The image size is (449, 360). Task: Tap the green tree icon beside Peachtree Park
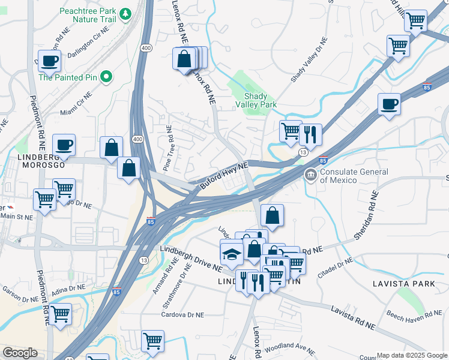coord(125,13)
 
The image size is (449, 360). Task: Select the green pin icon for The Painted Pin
coord(106,76)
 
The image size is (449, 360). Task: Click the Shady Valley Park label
coord(260,100)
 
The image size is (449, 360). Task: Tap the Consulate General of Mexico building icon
coord(310,175)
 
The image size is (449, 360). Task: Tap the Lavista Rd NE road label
coord(353,318)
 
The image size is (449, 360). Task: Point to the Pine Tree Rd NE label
coord(169,148)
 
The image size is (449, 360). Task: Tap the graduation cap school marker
coord(232,254)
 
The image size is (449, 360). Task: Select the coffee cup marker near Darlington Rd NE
coord(49,61)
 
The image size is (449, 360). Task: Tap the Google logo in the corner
coord(20,353)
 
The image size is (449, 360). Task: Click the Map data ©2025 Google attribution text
coord(411,355)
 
